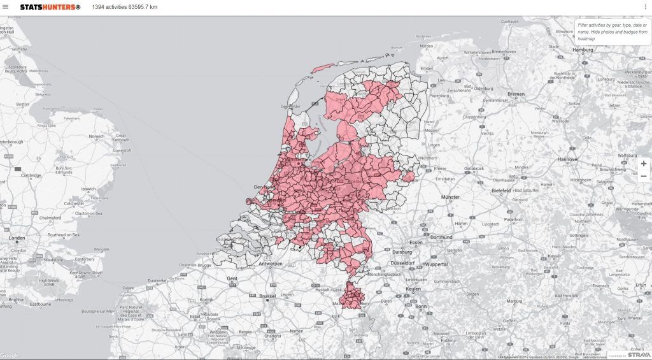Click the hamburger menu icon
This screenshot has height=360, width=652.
(x=6, y=7)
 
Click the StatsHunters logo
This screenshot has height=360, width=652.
(x=50, y=7)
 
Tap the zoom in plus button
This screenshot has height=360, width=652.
(x=644, y=164)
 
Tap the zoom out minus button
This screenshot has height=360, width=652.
(x=644, y=176)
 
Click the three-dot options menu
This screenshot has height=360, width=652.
(x=646, y=7)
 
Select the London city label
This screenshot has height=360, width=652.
(x=17, y=238)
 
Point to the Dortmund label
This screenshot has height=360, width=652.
(x=441, y=237)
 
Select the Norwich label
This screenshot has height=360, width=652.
(x=97, y=136)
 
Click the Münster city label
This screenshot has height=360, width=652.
(x=450, y=198)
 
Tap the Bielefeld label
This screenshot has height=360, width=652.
(x=501, y=191)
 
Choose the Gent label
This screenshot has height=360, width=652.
(x=232, y=279)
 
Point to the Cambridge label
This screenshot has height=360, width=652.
(x=31, y=175)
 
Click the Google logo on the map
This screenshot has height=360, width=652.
(x=10, y=356)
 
